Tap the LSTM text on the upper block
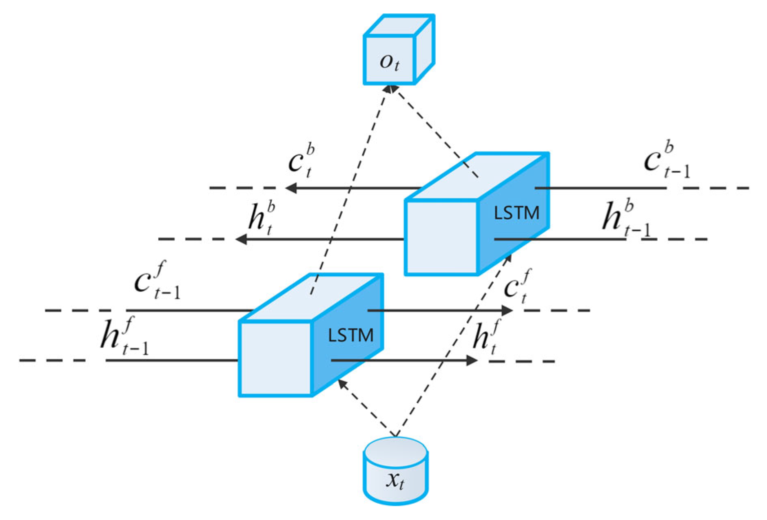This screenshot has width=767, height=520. point(517,213)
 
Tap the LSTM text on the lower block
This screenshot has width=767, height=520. point(351,335)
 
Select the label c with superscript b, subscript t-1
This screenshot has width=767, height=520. point(665,162)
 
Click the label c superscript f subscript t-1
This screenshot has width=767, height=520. point(157,281)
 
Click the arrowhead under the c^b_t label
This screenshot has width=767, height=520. point(290,188)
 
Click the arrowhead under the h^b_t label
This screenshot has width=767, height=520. point(241,239)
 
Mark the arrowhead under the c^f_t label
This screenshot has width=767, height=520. point(507,311)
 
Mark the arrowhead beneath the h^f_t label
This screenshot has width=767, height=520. point(472,361)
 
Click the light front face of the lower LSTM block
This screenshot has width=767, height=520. point(275,358)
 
